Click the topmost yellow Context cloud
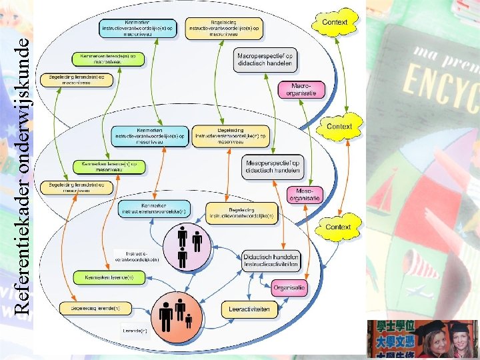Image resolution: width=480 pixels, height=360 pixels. coord(334,22)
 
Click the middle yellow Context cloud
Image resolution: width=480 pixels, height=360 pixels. coord(339,126)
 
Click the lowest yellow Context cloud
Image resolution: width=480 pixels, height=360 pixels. coord(337,227)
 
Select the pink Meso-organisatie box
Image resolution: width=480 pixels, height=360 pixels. coord(304,194)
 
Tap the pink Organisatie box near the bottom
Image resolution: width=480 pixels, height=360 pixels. coord(289,288)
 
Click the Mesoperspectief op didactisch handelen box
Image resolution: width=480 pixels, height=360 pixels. coord(273,166)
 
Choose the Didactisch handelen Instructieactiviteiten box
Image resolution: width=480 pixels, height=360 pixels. coord(271,261)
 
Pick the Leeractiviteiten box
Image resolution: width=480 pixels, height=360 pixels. coord(253,309)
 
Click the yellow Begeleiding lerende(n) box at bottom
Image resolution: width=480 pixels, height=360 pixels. coord(90,308)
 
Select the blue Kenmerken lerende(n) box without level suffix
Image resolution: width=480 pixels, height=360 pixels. coord(105,277)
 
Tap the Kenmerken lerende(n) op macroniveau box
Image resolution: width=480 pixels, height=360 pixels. coord(109,59)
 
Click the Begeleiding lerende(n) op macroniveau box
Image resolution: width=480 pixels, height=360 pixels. coord(77,79)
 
